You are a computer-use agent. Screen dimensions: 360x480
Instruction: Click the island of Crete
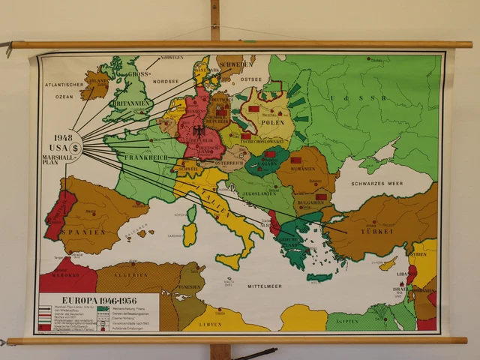319,277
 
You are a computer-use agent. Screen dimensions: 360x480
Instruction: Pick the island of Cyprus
388,264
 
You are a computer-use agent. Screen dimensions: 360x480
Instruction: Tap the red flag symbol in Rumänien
295,160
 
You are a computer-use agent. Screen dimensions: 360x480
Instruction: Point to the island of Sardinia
190,233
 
